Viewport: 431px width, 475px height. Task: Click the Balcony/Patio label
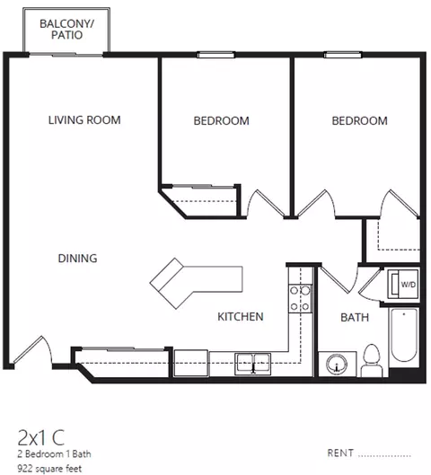coord(66,30)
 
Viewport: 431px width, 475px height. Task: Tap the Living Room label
coord(84,120)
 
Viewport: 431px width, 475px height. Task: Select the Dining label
coord(77,259)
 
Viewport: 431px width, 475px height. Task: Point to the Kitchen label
coord(241,317)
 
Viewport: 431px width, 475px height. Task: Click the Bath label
coord(355,318)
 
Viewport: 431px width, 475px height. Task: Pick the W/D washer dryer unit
coord(403,284)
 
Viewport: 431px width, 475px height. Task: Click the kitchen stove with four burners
coord(300,298)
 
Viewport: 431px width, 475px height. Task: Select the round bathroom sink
coord(337,364)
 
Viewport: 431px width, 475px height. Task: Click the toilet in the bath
coord(372,360)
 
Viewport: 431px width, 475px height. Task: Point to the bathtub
coord(404,335)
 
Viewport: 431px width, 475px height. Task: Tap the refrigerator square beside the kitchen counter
coord(191,364)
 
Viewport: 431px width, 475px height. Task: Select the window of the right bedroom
coord(343,55)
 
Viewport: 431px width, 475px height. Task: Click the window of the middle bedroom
coord(215,55)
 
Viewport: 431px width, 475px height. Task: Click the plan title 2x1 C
coord(41,437)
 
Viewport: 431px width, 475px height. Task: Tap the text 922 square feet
coord(49,469)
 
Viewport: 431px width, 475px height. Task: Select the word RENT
coord(340,453)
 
